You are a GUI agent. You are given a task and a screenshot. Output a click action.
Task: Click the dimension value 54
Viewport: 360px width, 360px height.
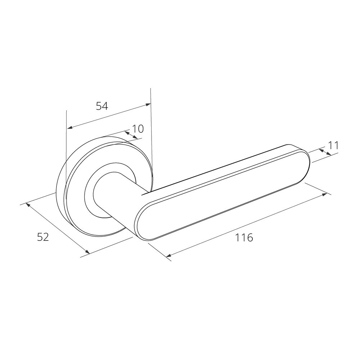click(102, 106)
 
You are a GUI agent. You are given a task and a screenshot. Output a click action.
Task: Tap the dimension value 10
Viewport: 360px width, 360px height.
click(138, 129)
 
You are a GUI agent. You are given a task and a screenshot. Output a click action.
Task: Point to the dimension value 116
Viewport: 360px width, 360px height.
click(244, 238)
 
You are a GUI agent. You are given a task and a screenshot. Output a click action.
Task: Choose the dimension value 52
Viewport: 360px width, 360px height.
click(43, 237)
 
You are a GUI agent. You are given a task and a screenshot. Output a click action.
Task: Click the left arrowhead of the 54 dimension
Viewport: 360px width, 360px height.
click(69, 128)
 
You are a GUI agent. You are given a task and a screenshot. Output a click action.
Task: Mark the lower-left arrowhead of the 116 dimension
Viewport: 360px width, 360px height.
click(168, 256)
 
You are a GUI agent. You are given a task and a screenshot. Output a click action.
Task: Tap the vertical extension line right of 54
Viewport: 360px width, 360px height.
click(151, 144)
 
